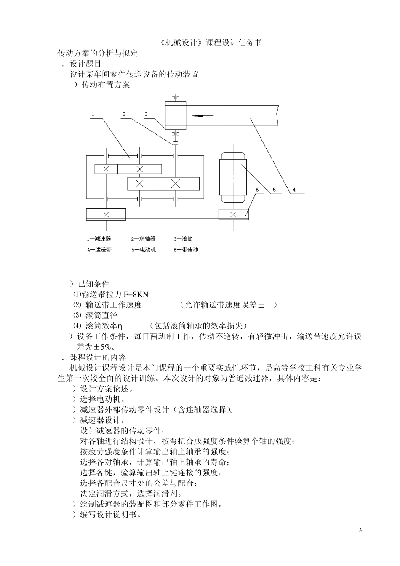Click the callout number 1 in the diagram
pos(93,114)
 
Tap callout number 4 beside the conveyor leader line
pos(294,190)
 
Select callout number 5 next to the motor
pos(274,190)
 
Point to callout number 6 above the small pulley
pos(257,190)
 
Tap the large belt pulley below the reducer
pos(106,214)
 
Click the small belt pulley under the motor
pos(233,214)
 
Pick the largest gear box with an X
pos(176,184)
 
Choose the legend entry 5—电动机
pos(143,250)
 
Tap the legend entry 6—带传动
pos(186,250)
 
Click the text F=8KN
pos(137,294)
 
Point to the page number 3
pos(360,530)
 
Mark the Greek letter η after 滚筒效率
pos(120,326)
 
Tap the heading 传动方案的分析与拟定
pos(98,53)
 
